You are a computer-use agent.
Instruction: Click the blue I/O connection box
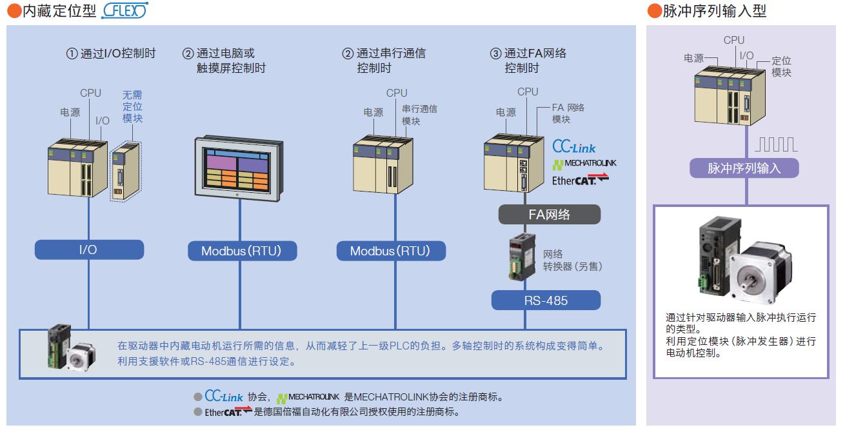click(x=89, y=250)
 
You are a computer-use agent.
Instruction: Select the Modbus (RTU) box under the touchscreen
click(x=242, y=251)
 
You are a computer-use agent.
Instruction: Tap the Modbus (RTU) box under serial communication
click(x=390, y=251)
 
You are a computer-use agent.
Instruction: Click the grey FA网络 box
click(x=549, y=214)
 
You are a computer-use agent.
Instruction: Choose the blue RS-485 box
click(x=546, y=300)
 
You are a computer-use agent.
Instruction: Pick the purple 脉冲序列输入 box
click(x=744, y=168)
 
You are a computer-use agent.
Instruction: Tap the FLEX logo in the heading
click(x=124, y=11)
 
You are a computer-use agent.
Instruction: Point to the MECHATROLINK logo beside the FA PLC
click(x=584, y=163)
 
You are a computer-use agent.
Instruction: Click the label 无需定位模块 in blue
click(x=132, y=106)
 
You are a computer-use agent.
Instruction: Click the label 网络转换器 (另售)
click(x=572, y=260)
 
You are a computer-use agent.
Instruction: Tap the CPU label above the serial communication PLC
click(x=397, y=93)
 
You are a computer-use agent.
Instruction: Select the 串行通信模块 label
click(x=419, y=114)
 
